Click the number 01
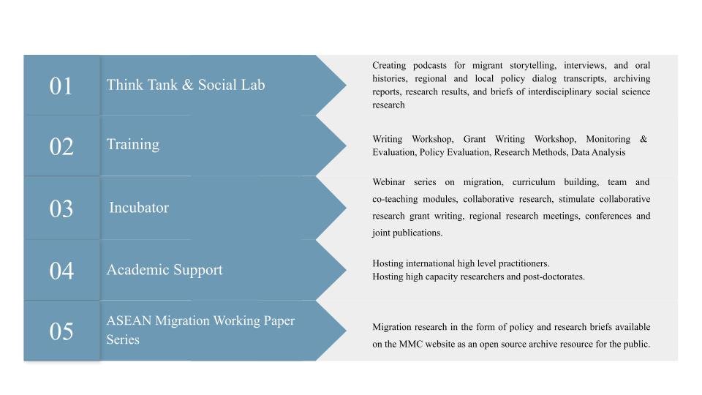pyautogui.click(x=61, y=86)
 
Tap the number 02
pyautogui.click(x=61, y=147)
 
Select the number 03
pyautogui.click(x=61, y=209)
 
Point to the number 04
pyautogui.click(x=61, y=271)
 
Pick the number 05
pyautogui.click(x=61, y=332)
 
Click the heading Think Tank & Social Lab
pyautogui.click(x=186, y=85)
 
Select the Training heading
pyautogui.click(x=133, y=145)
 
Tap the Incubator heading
pyautogui.click(x=139, y=208)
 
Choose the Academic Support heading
pyautogui.click(x=165, y=270)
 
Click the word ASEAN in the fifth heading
pyautogui.click(x=129, y=321)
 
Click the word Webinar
pyautogui.click(x=389, y=182)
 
